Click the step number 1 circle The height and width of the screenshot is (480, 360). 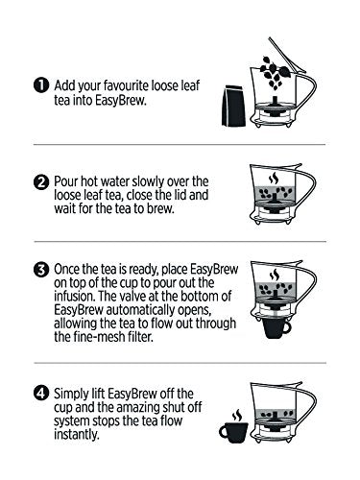point(41,85)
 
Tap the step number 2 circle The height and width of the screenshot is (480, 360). point(41,182)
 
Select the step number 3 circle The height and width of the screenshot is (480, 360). point(41,270)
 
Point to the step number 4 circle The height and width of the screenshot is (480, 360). point(41,394)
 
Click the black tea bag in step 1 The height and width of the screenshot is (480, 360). point(233,106)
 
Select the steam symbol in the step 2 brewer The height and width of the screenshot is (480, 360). point(274,179)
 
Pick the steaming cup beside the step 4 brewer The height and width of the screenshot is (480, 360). point(234,432)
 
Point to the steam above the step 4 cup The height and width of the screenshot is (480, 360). point(237,415)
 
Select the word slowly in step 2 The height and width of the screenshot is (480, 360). point(149,182)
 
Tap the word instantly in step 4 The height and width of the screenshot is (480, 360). point(77,435)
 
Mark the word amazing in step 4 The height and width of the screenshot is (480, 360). point(140,408)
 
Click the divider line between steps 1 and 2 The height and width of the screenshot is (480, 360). point(180,145)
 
